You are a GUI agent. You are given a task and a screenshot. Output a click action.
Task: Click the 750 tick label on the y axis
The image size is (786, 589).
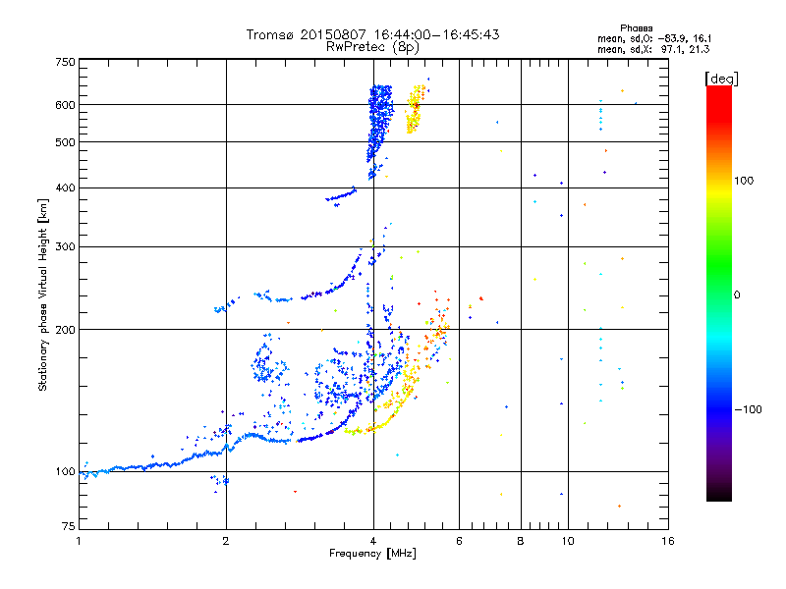66,62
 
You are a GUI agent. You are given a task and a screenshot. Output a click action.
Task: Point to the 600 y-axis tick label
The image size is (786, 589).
66,105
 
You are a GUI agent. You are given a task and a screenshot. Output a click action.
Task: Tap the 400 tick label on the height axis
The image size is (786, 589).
66,187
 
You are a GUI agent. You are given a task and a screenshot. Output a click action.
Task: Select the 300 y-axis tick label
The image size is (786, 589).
66,246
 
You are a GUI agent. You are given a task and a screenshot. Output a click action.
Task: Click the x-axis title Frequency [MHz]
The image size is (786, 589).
372,555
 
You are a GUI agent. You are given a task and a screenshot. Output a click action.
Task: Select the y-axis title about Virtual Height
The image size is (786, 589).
43,294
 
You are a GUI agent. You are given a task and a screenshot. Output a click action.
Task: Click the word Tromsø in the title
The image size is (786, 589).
271,34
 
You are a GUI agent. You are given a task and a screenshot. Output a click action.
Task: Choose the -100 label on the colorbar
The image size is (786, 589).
752,409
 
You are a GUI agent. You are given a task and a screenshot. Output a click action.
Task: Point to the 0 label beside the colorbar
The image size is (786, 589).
738,294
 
